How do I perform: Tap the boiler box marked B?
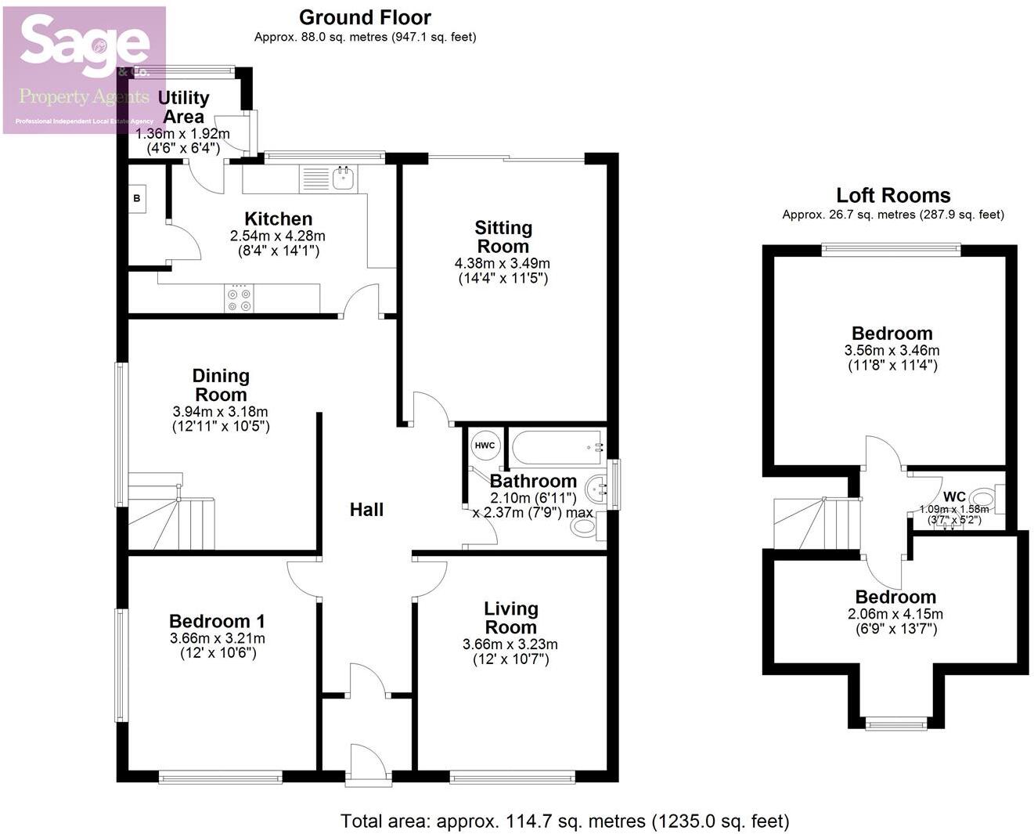coord(137,199)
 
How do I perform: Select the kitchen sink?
coord(344,179)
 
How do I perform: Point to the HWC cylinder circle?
coord(485,446)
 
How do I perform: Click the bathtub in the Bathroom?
coord(557,447)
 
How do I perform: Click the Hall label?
coord(366,510)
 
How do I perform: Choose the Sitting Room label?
coord(503,236)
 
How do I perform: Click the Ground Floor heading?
coord(365,17)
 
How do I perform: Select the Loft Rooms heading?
coord(893,195)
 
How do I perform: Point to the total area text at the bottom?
coord(564,821)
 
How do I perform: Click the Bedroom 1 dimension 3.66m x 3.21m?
coord(217,638)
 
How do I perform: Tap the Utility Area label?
coord(183,107)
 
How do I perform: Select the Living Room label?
coord(510,618)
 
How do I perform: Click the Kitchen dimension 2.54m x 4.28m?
coord(277,236)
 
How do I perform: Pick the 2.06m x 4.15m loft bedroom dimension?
coord(895,614)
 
